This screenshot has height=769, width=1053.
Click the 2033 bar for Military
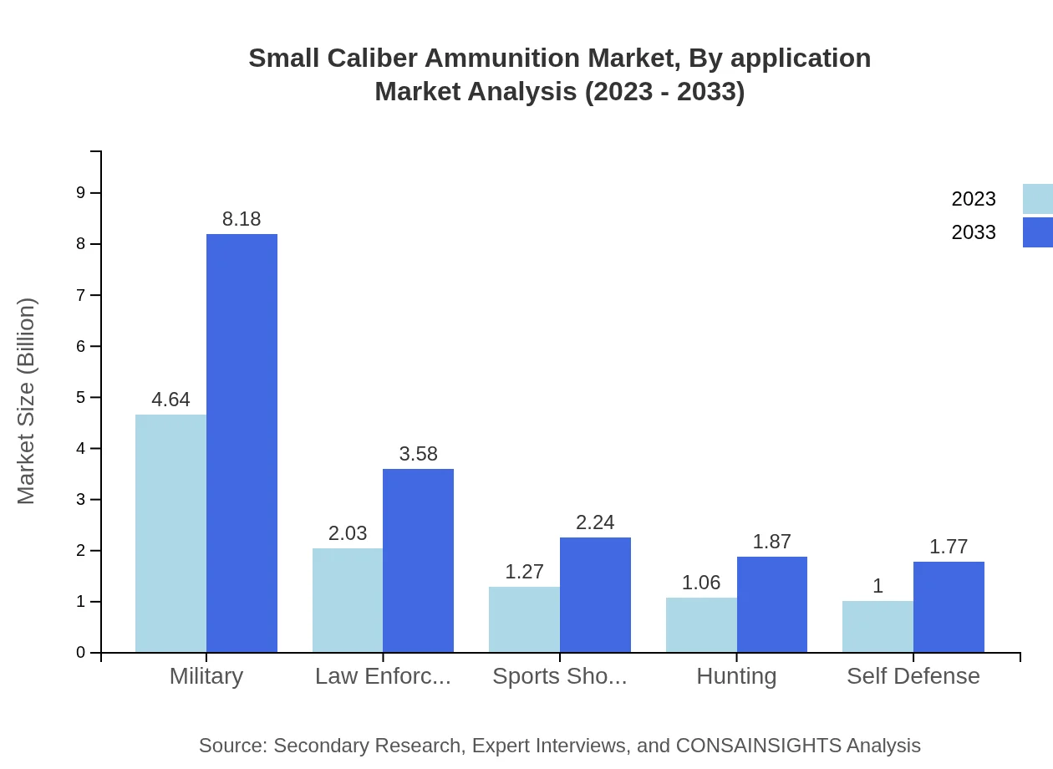click(x=242, y=443)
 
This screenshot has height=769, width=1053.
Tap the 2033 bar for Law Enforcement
click(x=418, y=560)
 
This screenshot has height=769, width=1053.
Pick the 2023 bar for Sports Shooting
click(x=524, y=619)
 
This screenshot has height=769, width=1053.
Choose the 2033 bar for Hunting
click(x=772, y=604)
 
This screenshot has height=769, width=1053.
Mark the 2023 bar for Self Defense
click(x=877, y=626)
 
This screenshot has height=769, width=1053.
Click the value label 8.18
click(x=242, y=219)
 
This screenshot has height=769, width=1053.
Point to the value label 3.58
click(x=418, y=454)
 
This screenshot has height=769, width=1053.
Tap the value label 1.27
click(x=524, y=572)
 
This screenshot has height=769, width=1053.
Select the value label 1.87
click(x=771, y=542)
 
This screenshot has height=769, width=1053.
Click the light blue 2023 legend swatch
click(x=1037, y=199)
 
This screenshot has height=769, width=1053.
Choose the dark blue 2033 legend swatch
click(x=1037, y=232)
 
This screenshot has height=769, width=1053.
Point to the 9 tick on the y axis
click(x=81, y=193)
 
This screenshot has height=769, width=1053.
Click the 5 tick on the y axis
click(x=81, y=397)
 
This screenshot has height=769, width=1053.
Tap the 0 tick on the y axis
click(x=81, y=653)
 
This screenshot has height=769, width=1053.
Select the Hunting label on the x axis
click(x=736, y=675)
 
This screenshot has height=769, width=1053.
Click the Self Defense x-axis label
click(x=913, y=675)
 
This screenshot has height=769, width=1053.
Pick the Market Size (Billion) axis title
click(x=27, y=401)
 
